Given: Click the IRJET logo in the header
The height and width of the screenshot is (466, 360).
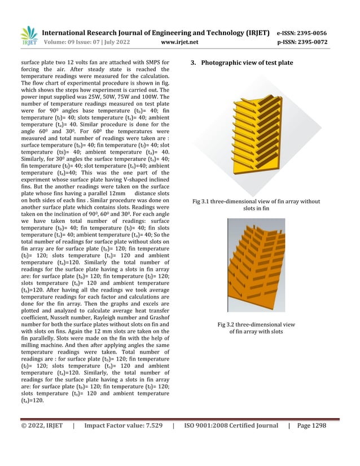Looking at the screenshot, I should tap(28, 36).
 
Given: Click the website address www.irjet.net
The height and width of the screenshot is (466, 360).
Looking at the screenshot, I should tap(179, 42).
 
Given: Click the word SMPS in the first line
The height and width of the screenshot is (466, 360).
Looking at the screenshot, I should tap(152, 61).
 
